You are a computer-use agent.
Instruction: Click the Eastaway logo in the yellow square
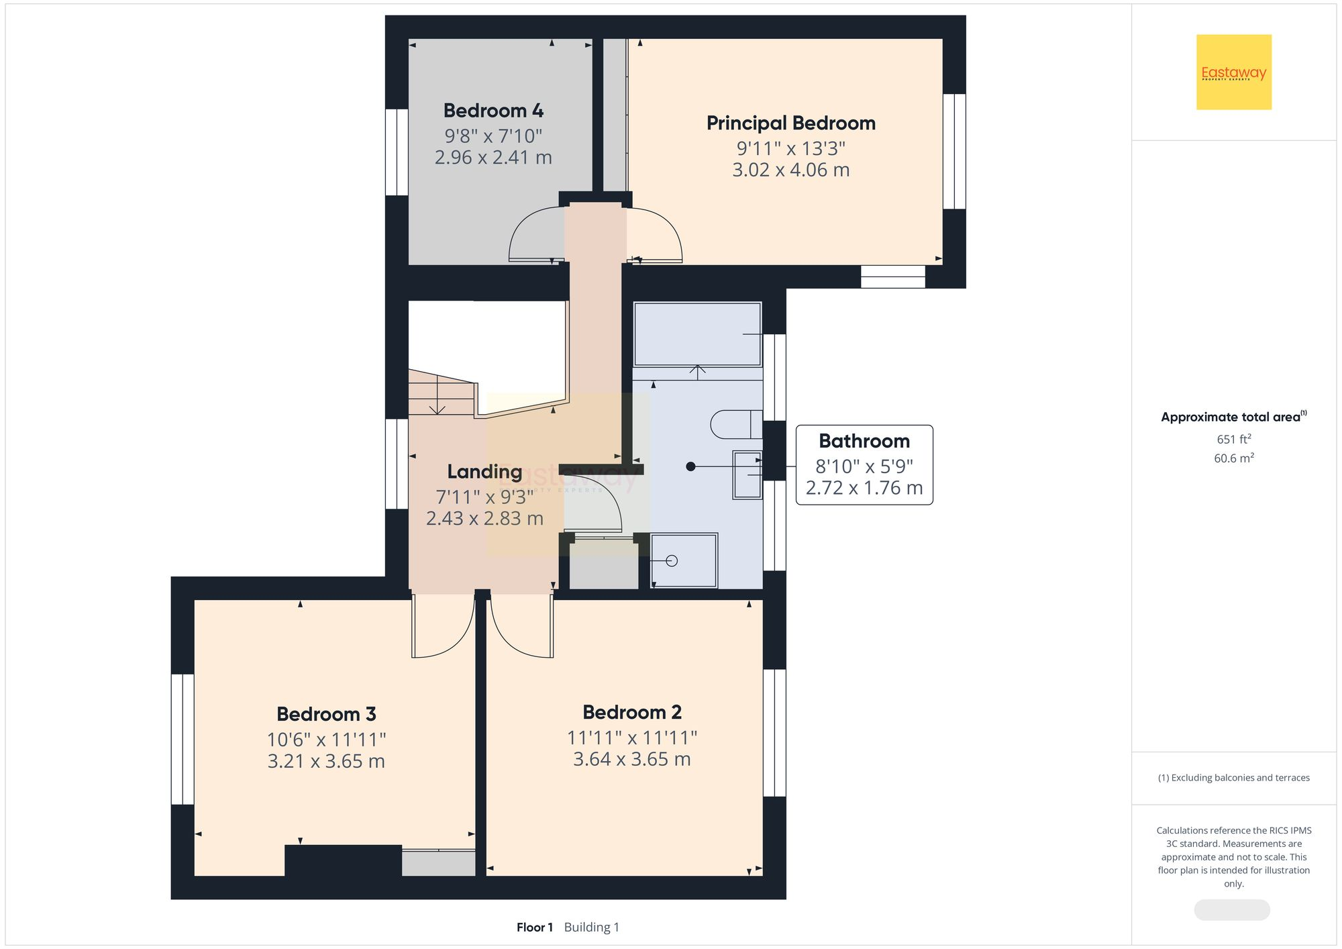point(1233,72)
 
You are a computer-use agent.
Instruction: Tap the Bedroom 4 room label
point(493,111)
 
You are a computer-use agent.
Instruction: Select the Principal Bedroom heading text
point(790,123)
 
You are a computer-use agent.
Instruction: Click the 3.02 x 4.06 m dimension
point(790,170)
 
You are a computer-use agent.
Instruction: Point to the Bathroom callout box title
point(864,441)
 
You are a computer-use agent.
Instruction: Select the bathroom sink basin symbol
point(747,475)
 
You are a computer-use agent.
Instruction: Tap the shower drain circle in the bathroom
point(672,561)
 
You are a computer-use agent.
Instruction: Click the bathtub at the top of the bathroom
point(696,334)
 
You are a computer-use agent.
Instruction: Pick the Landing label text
point(484,472)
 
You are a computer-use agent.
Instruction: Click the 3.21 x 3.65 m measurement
point(326,761)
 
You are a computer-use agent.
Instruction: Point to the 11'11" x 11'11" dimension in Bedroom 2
point(631,738)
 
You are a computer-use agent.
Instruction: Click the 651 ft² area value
point(1233,439)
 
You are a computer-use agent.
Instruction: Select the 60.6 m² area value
point(1233,458)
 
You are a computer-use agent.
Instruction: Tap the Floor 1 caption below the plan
point(534,927)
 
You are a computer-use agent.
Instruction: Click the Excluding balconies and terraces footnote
point(1233,778)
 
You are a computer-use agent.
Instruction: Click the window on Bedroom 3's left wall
point(183,739)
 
